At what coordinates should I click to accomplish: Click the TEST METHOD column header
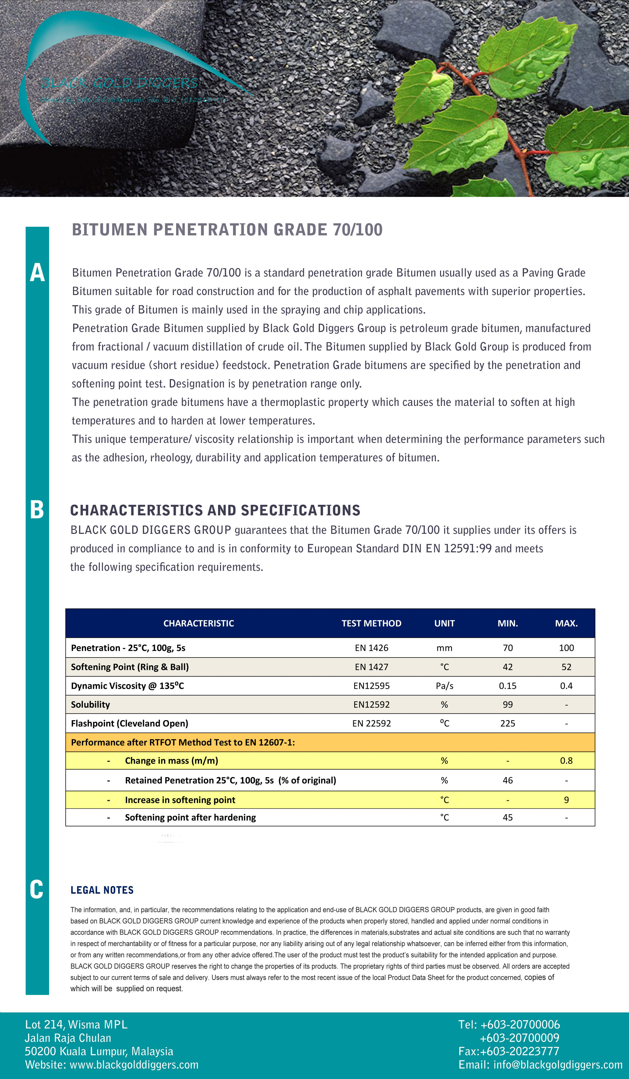371,624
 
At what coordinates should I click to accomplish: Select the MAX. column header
566,624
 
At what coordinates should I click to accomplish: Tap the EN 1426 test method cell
371,648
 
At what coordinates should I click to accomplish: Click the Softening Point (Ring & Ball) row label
129,667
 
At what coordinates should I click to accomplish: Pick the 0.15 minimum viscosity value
507,685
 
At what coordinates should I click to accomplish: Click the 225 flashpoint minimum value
507,723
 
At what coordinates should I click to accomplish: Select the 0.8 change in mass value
566,760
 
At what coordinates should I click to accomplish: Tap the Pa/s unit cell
444,685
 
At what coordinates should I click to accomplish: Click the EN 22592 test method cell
371,723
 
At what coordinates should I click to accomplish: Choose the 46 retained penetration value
507,780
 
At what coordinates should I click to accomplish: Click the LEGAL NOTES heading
102,890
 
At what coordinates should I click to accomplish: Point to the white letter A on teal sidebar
37,273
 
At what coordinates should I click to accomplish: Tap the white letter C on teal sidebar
37,889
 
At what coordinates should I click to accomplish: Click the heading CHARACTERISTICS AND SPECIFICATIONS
215,510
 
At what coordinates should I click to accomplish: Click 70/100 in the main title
358,230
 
